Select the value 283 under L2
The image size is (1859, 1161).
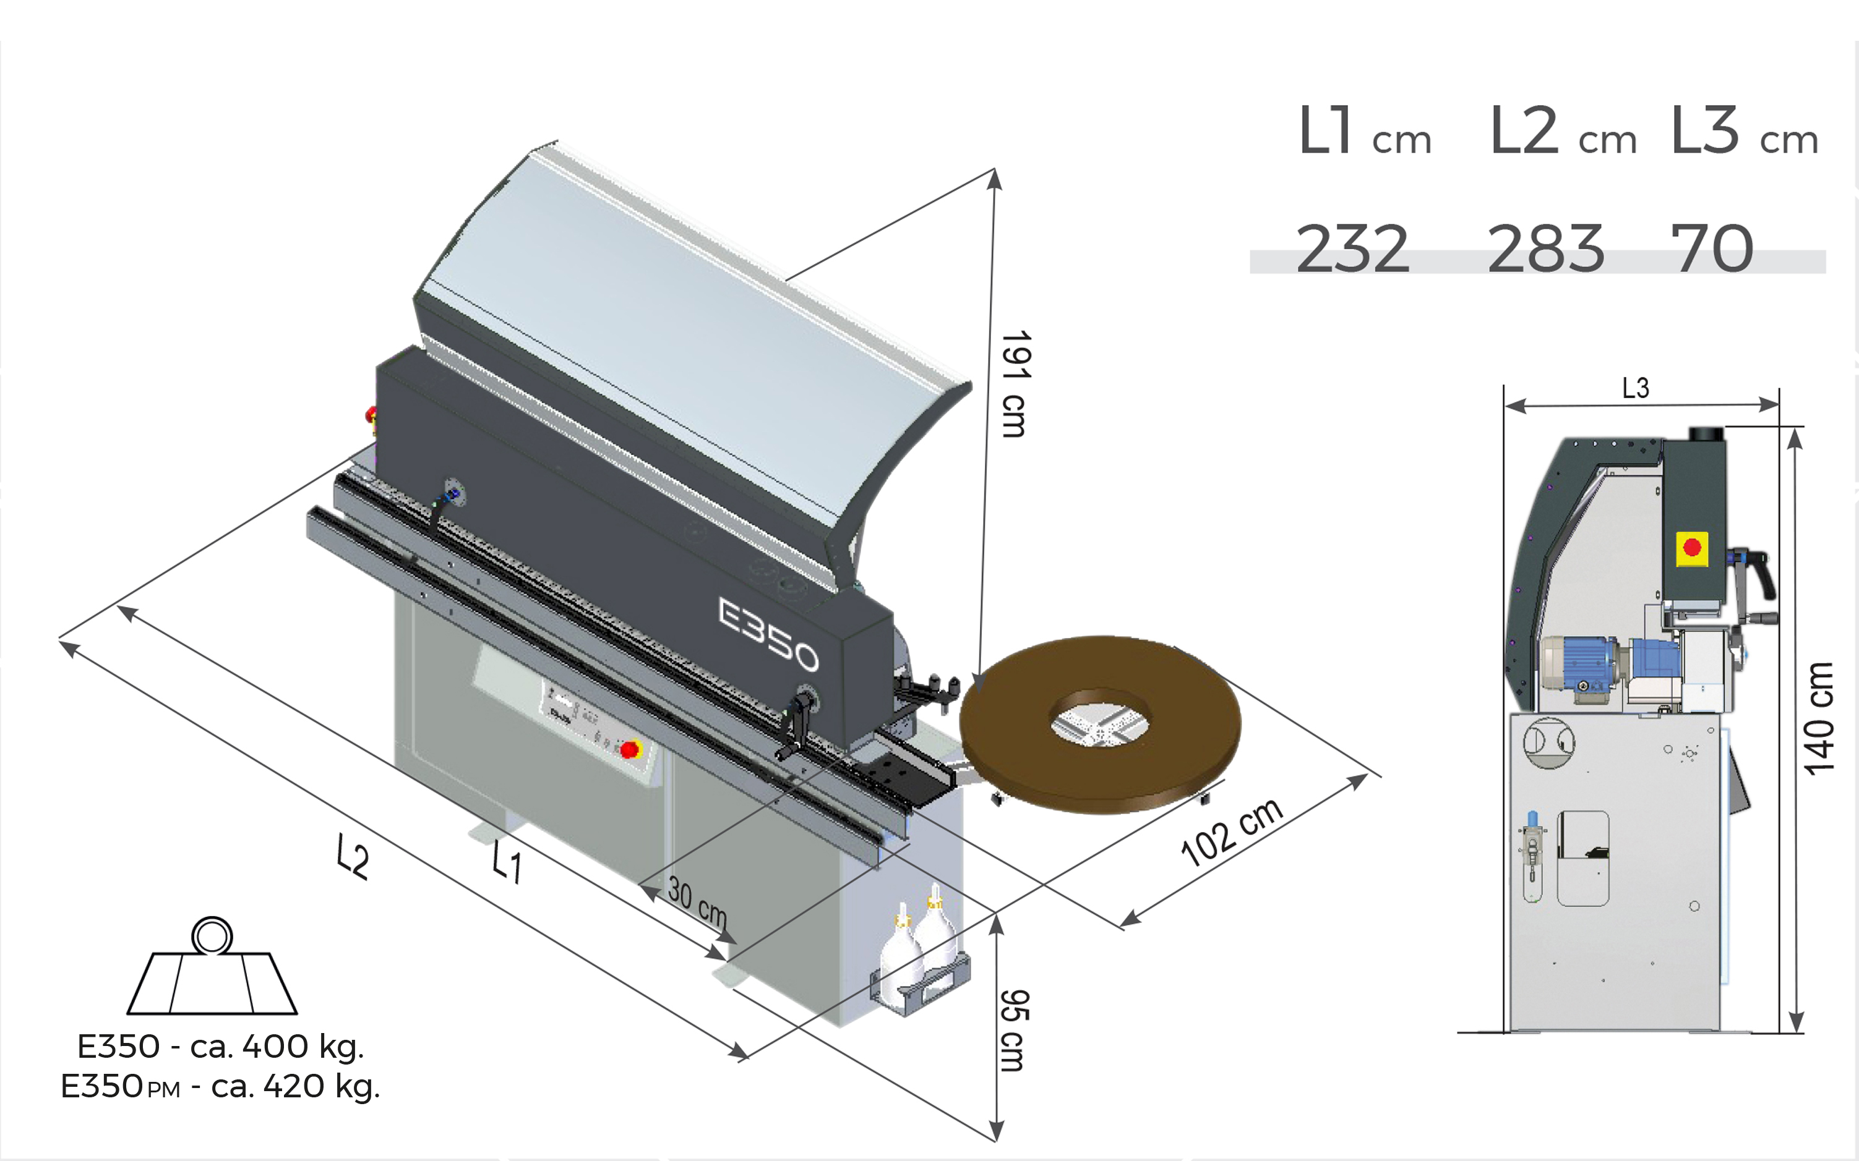1545,248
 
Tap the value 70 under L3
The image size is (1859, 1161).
1712,248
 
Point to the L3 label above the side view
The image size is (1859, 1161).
1636,388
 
